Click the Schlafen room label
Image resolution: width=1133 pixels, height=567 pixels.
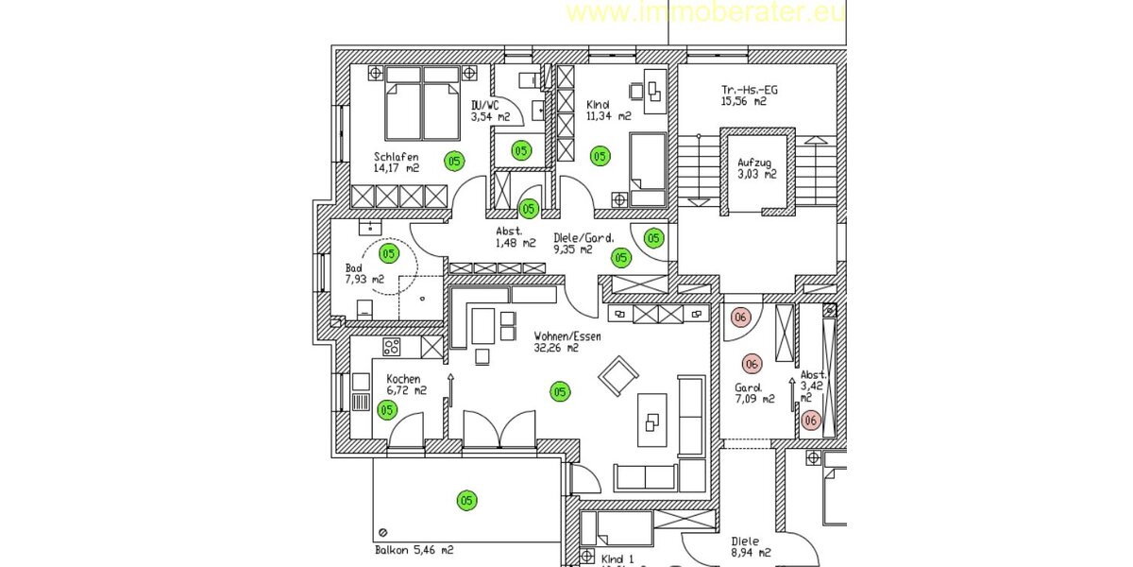click(395, 157)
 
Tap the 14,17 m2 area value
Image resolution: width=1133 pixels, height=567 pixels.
click(396, 168)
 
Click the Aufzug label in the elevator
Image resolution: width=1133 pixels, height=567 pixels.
click(755, 162)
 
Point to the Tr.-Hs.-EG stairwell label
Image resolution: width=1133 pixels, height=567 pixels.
click(743, 90)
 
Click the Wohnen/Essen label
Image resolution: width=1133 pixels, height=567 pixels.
click(566, 335)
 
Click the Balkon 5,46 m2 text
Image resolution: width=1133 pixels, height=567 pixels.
click(414, 550)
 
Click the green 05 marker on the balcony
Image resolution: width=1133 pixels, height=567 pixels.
click(465, 500)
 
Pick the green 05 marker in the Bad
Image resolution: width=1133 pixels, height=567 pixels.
click(388, 253)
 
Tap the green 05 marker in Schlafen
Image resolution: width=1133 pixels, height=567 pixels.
click(454, 162)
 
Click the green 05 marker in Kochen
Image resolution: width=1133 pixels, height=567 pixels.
click(387, 409)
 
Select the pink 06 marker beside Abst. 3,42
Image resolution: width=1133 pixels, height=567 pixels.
click(809, 421)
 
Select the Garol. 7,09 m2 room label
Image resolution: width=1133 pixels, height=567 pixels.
click(754, 392)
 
